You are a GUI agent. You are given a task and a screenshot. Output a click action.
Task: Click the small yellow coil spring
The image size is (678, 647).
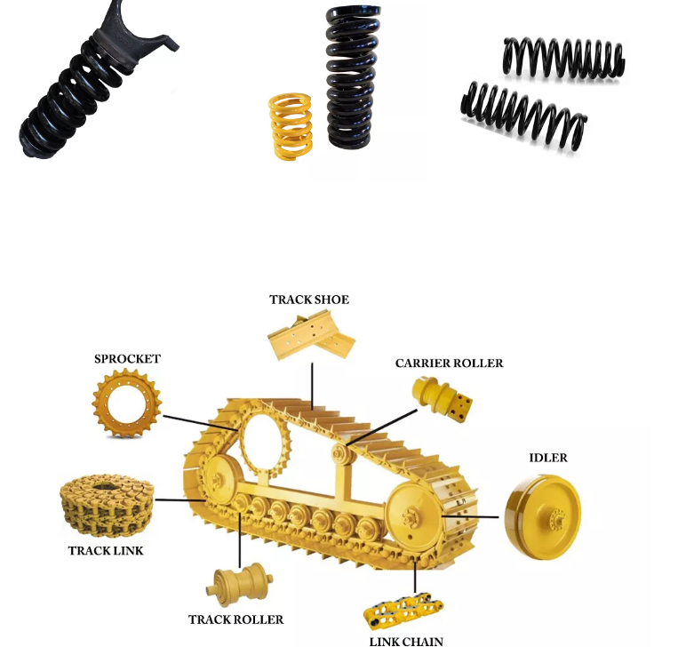pos(291,126)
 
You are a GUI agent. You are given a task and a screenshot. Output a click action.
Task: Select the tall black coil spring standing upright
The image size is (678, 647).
pos(353,77)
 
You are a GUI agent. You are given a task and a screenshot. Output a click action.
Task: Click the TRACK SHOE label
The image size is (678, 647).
pos(309,300)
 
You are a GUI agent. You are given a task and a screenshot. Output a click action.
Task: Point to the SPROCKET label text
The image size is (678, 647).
pos(128,359)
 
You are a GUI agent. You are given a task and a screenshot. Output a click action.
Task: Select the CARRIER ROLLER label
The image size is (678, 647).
pos(450,363)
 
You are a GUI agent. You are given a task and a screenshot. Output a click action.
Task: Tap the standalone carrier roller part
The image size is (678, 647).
pos(441,399)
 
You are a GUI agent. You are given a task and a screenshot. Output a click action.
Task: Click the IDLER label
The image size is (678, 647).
pos(548,458)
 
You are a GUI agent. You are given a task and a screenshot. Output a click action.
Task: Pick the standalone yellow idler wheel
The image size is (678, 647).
pos(543,516)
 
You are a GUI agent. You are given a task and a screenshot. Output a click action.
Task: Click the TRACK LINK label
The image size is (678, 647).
pos(106,551)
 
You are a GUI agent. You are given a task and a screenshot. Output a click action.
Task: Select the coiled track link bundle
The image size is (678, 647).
pos(108,505)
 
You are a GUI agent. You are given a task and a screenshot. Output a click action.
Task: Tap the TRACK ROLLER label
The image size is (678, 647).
pos(236,619)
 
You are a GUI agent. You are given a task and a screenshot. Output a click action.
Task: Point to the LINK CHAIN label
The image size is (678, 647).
pos(406,642)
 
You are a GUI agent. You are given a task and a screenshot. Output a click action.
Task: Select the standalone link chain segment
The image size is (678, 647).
pos(403,611)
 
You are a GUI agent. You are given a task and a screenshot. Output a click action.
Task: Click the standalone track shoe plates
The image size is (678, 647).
pos(311,336)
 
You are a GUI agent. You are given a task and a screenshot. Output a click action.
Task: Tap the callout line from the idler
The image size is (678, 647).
pos(470,516)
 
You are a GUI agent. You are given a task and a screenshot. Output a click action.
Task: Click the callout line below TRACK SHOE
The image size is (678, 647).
pos(312,387)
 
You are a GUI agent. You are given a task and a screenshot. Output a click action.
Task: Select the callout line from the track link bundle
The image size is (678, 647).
pos(179,500)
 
